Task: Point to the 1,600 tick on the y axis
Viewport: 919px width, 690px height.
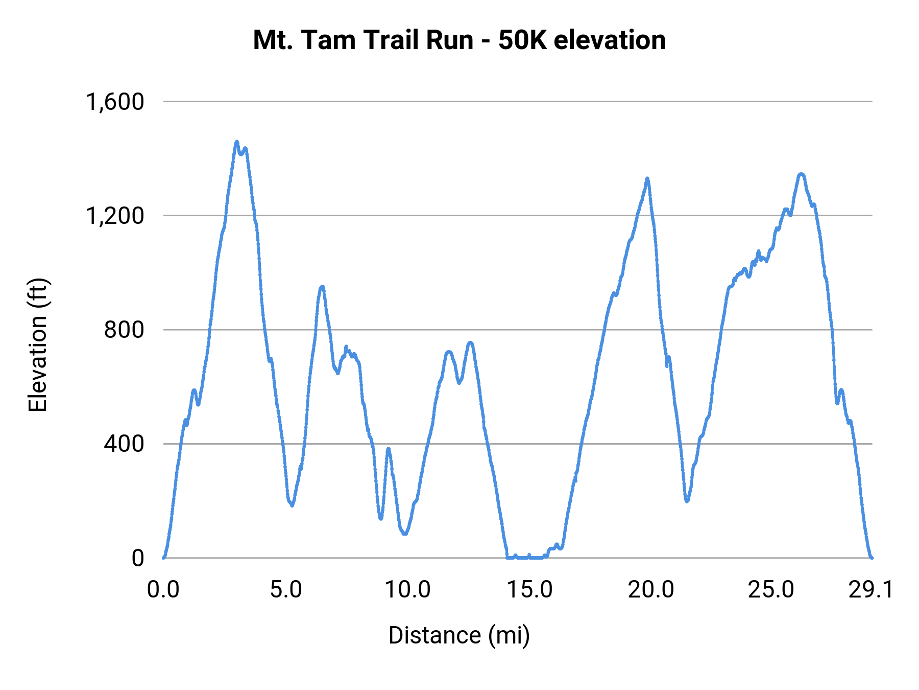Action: point(115,102)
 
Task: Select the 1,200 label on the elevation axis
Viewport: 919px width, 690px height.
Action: point(115,216)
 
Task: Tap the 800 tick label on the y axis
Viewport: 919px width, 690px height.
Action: point(124,330)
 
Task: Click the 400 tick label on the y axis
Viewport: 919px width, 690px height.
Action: point(124,444)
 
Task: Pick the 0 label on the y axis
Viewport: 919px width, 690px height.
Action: point(138,558)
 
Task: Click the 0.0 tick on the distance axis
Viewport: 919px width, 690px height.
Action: point(163,590)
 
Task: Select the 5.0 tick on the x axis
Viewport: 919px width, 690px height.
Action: point(286,590)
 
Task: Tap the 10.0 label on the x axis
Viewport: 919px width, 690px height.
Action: point(407,590)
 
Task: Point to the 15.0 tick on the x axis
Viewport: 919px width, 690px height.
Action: point(529,590)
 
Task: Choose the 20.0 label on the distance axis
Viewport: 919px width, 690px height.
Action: point(651,590)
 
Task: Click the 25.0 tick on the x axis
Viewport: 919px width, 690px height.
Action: point(771,590)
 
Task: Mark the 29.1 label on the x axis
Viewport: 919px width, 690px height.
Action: point(871,590)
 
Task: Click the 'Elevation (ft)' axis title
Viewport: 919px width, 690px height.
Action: point(38,345)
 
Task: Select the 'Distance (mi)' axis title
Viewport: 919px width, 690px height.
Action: point(459,635)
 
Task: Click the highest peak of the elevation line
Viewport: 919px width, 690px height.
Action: point(236,142)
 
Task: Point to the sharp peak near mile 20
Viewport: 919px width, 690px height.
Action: point(647,178)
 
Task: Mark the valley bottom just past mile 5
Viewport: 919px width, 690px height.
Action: point(292,505)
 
